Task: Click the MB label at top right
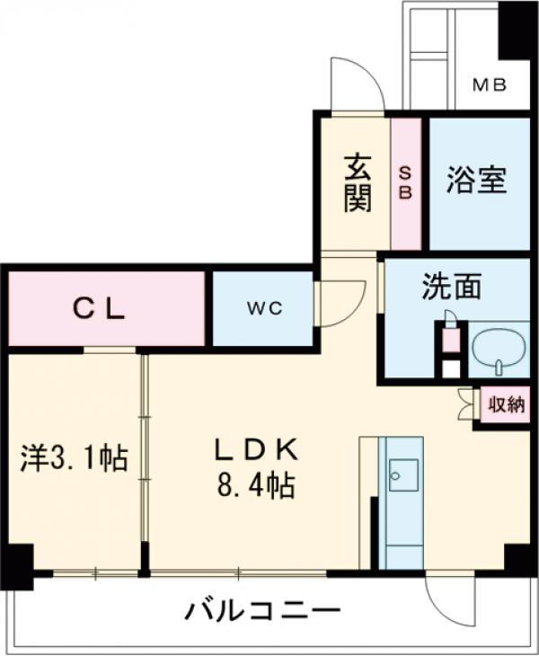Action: [x=490, y=85]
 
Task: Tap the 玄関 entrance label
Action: [x=357, y=183]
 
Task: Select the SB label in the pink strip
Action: [x=405, y=182]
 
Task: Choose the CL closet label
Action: [x=99, y=308]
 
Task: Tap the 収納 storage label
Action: [x=505, y=405]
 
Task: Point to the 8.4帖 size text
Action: [x=253, y=486]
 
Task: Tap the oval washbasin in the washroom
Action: [x=497, y=348]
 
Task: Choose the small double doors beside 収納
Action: [x=465, y=403]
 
